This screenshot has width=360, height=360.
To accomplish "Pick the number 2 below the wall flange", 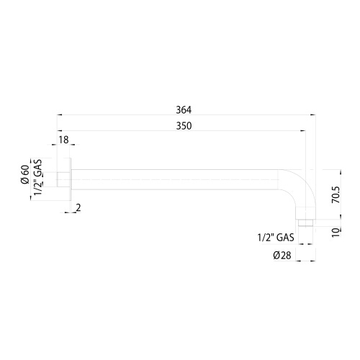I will click(78, 208).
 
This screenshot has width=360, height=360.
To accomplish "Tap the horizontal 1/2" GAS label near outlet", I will click(275, 236).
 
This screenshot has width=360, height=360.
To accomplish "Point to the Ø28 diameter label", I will click(282, 255).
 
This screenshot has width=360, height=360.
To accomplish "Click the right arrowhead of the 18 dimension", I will click(69, 150).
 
